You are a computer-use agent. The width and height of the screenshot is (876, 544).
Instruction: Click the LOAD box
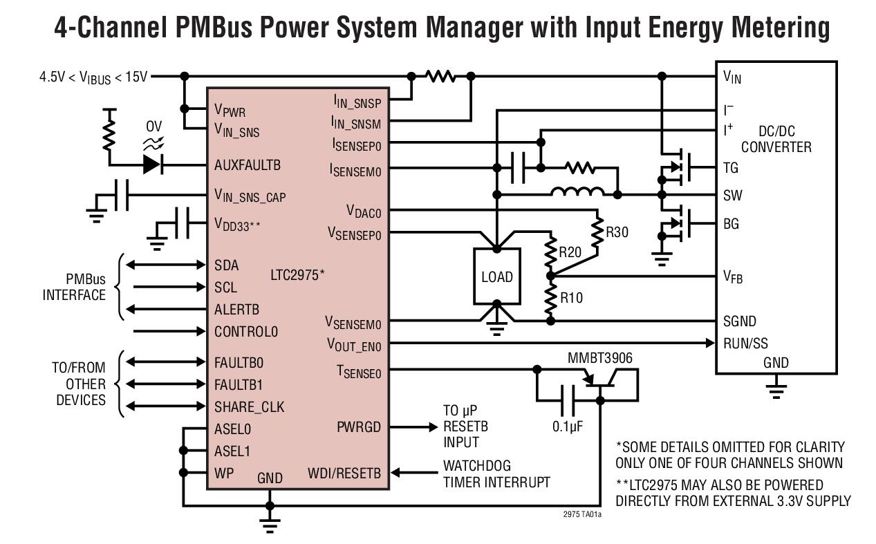click(496, 276)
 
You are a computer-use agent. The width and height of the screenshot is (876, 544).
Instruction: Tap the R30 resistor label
click(617, 232)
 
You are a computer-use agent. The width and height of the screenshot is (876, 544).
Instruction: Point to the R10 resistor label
click(571, 298)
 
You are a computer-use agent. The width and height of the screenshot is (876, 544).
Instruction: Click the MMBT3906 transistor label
click(599, 358)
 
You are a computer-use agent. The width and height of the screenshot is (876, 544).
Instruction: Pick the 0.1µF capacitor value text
click(568, 426)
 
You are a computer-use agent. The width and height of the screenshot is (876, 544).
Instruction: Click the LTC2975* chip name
click(297, 275)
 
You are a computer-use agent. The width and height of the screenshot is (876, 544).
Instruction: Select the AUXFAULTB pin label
click(248, 166)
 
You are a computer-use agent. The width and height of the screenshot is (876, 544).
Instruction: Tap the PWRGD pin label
click(358, 426)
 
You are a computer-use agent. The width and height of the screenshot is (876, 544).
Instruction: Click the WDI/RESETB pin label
click(344, 473)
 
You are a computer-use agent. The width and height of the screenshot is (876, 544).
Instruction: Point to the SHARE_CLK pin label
click(249, 406)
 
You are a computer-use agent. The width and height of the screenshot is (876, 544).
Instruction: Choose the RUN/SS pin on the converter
click(745, 343)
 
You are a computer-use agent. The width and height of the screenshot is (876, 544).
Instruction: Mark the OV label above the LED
click(154, 127)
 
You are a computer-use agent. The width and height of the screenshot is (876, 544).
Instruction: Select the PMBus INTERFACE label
click(75, 288)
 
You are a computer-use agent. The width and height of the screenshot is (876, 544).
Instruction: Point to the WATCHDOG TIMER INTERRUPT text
click(496, 474)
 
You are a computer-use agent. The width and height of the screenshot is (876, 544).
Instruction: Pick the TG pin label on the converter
click(731, 168)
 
